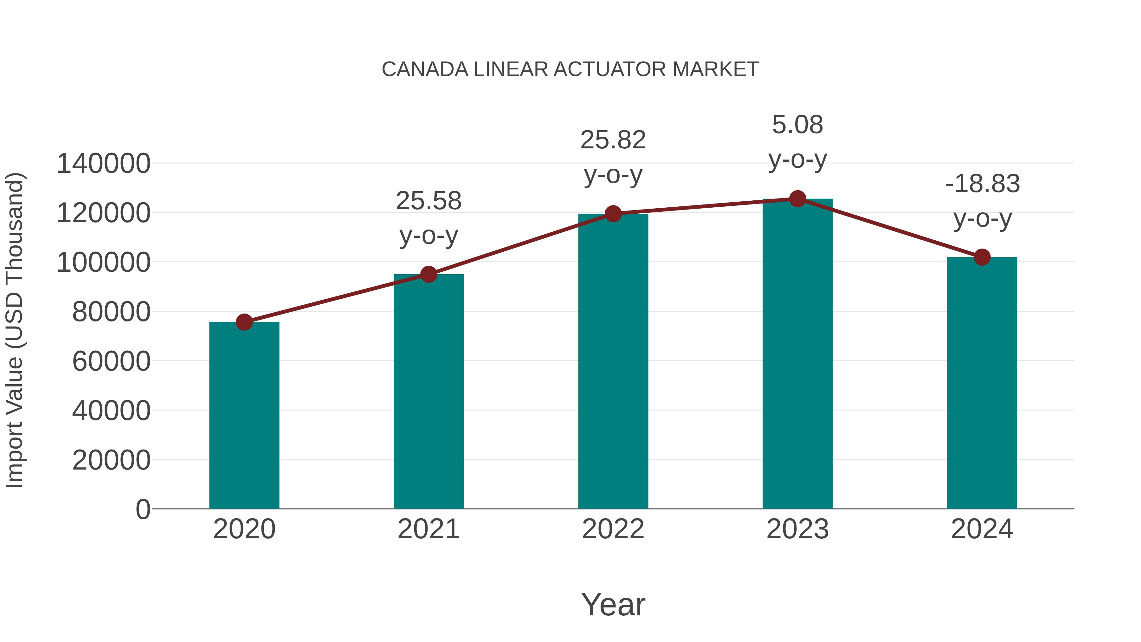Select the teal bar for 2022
click(x=613, y=361)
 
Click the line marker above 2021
click(x=428, y=274)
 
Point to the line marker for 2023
click(x=797, y=199)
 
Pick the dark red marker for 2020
click(x=244, y=322)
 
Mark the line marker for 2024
click(x=982, y=257)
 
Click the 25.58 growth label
click(x=428, y=201)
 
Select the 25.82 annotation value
click(x=613, y=140)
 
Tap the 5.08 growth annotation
click(x=797, y=125)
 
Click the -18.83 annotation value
click(x=982, y=184)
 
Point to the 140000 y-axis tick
click(x=103, y=164)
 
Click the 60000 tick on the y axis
click(x=111, y=361)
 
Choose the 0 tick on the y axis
click(x=143, y=509)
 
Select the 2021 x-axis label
click(x=428, y=529)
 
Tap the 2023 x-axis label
click(x=797, y=529)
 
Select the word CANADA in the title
click(x=425, y=69)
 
